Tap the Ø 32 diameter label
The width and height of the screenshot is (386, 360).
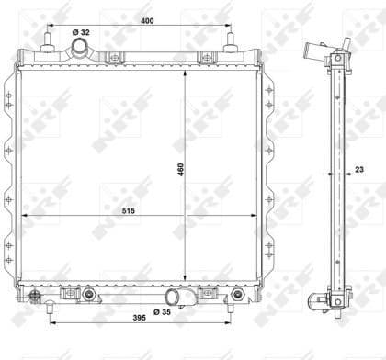point(83,33)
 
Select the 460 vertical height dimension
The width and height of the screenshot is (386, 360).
point(180,170)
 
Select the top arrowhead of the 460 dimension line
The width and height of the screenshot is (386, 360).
point(187,73)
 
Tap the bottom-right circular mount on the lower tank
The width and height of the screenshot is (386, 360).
point(238,295)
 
